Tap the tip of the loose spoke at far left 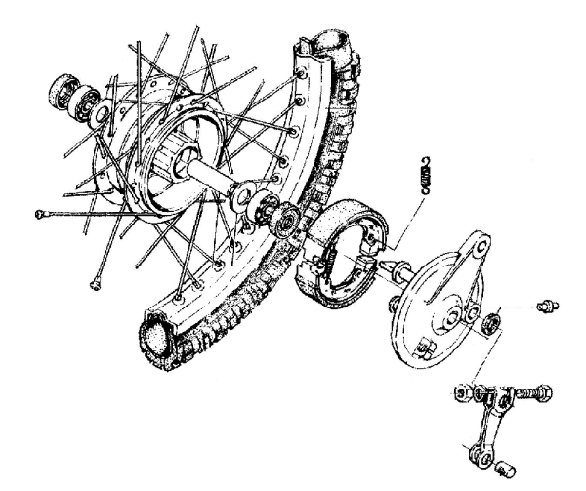[36, 213]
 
